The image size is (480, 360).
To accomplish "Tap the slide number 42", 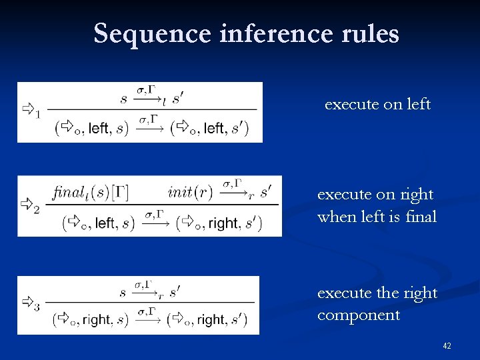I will coord(447,346).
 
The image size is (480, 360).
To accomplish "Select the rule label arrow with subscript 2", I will coord(30,204).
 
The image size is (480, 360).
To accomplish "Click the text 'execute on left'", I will coord(377,105).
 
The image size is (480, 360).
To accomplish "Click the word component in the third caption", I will coord(359,315).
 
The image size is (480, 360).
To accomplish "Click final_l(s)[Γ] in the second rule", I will coord(90,193).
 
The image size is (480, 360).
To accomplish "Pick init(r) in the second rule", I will coord(190,193).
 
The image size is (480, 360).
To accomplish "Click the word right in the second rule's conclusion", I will coord(222,223).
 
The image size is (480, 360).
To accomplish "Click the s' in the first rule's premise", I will coord(178,99).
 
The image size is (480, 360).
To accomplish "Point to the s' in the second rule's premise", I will coord(265,193).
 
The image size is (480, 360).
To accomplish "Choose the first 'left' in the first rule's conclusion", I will coord(99,128).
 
